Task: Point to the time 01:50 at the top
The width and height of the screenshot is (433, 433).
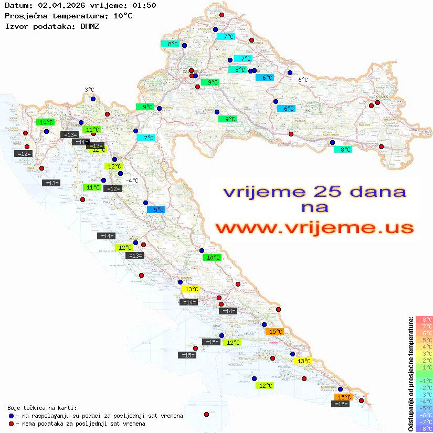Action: (144, 6)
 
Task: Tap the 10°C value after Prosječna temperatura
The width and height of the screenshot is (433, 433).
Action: (123, 16)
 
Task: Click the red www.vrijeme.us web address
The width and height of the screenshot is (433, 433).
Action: (314, 228)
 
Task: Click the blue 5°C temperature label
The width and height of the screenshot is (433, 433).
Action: (156, 210)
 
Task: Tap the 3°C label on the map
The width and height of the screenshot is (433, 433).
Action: (89, 90)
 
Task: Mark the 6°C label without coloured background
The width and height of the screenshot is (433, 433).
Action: (303, 80)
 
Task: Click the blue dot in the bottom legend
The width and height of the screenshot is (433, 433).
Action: (11, 416)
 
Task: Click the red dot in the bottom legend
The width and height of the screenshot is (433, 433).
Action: (11, 424)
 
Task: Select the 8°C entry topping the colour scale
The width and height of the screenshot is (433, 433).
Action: (424, 319)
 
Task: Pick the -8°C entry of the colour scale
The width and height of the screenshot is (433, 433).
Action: (424, 428)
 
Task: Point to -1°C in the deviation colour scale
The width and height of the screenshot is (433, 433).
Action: (424, 381)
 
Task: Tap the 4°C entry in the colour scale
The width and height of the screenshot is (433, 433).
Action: (424, 346)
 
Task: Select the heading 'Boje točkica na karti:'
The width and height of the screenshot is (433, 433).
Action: (42, 408)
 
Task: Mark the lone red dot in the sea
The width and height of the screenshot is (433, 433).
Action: (206, 414)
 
